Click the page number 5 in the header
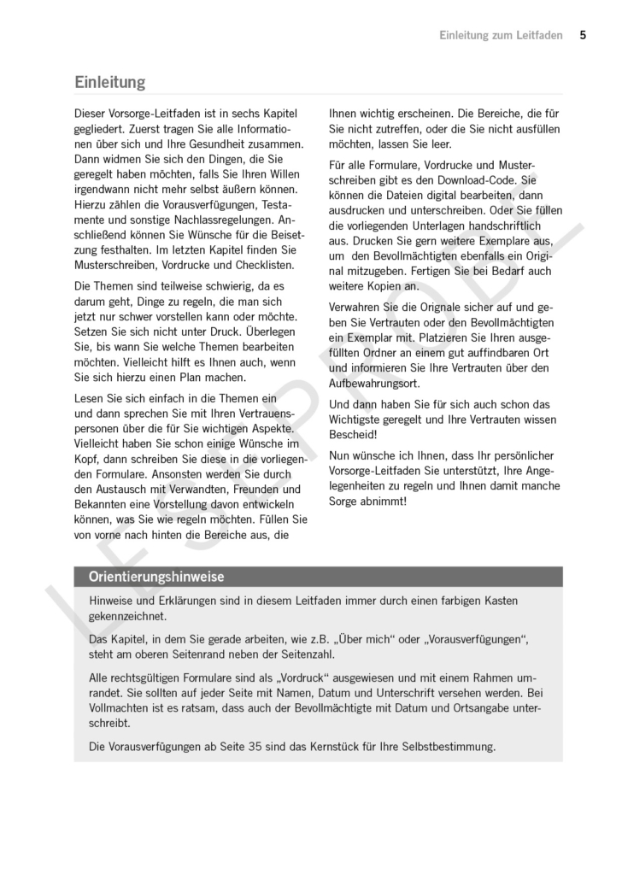pos(583,35)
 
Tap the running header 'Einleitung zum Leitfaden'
pos(501,35)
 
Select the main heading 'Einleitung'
pos(109,82)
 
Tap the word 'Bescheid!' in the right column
pos(354,434)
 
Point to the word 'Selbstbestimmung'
pos(446,746)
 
